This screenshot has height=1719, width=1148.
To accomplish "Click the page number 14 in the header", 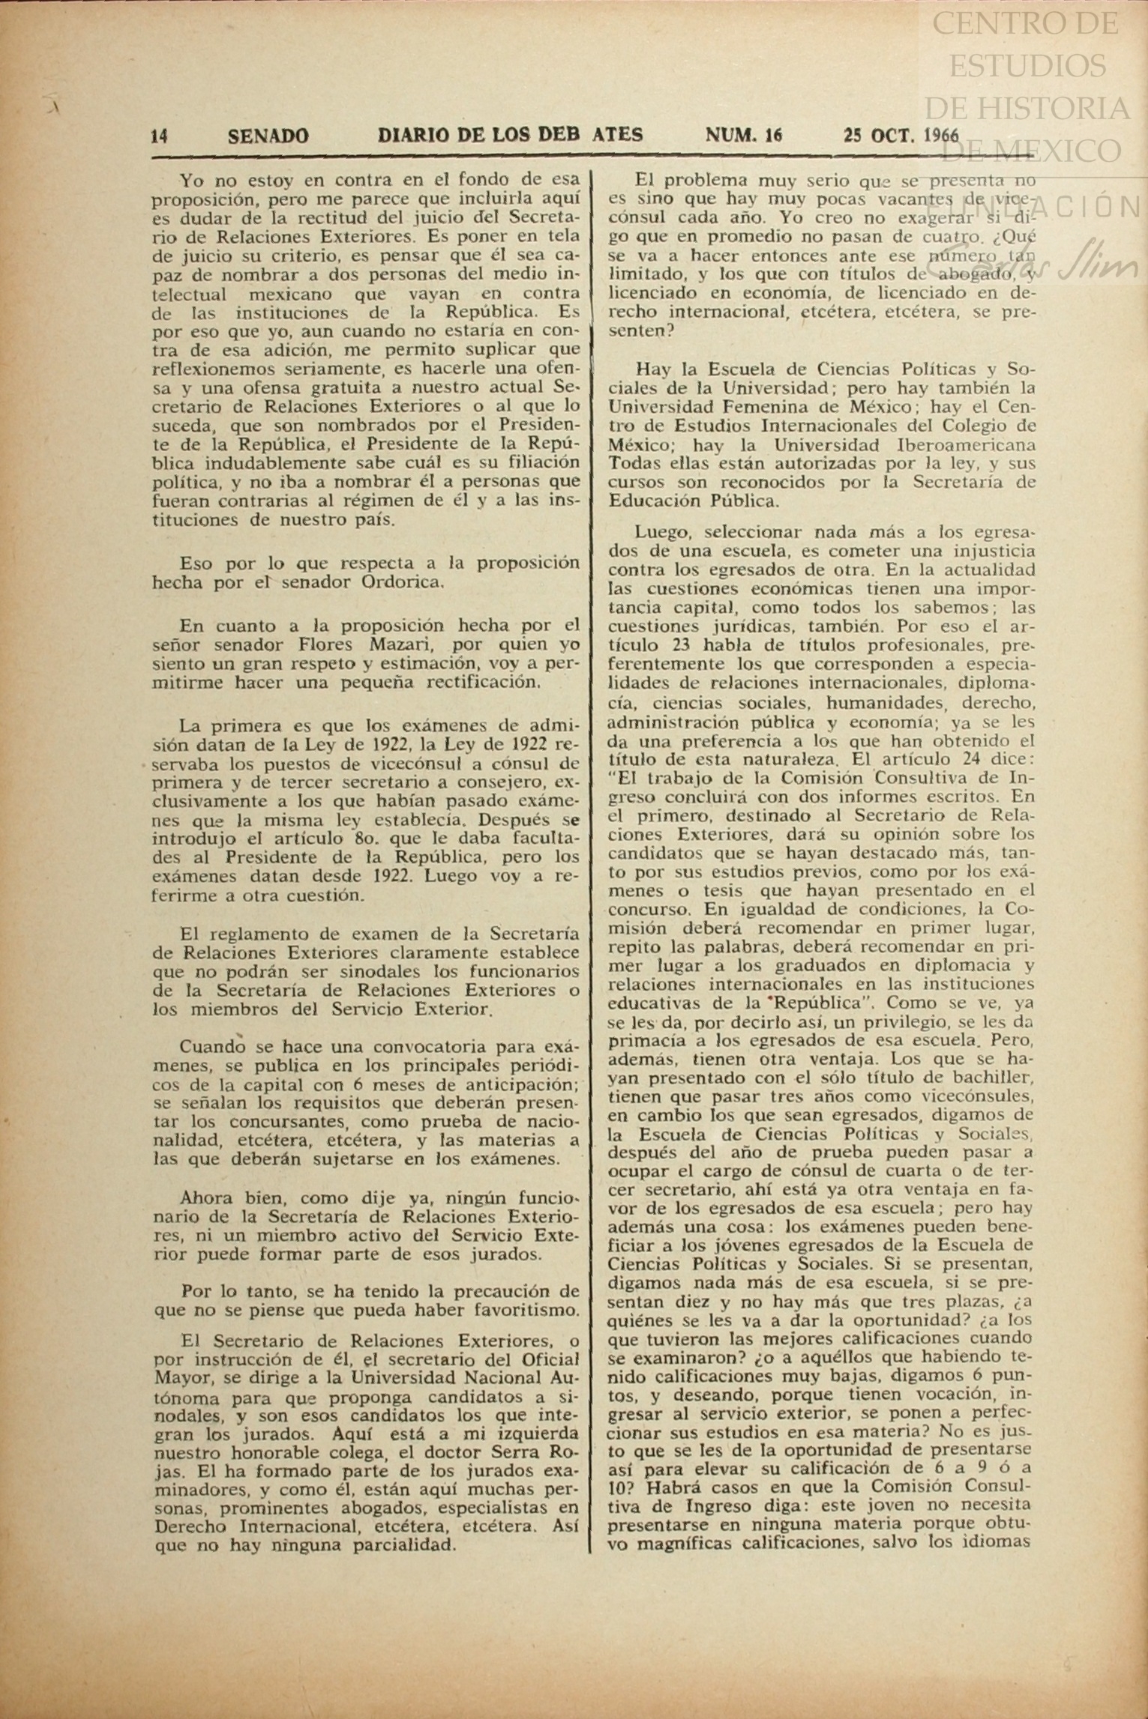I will [x=159, y=136].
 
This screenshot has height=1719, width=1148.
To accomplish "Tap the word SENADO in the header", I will [x=268, y=136].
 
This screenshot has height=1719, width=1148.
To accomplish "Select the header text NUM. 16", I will [x=744, y=135].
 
